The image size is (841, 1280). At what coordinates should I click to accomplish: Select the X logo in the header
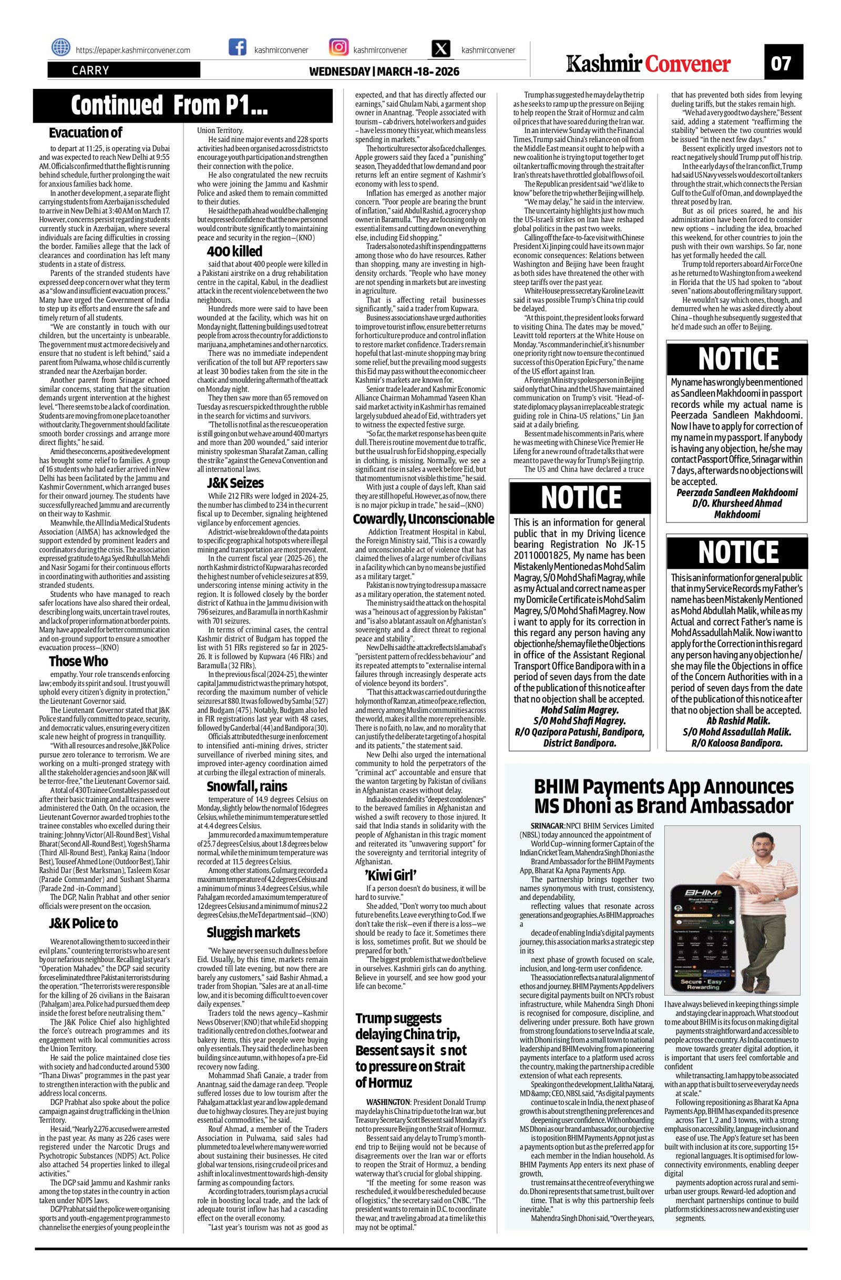click(x=442, y=49)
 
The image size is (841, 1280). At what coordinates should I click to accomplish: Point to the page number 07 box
click(x=784, y=64)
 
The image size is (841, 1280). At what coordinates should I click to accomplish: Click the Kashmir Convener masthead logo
click(x=649, y=64)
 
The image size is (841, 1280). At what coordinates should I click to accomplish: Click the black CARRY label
click(x=91, y=70)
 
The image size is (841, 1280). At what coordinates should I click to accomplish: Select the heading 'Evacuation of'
click(x=86, y=132)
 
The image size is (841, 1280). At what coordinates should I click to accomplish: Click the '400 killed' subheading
click(x=234, y=251)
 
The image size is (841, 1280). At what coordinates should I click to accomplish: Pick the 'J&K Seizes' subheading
click(x=235, y=483)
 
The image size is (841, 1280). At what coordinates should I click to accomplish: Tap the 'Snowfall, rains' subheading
click(x=247, y=786)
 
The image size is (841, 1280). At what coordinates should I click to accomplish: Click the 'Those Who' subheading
click(x=78, y=661)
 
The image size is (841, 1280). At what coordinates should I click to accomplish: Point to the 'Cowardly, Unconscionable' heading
click(x=423, y=518)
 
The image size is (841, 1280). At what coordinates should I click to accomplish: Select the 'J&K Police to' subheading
click(x=84, y=923)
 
